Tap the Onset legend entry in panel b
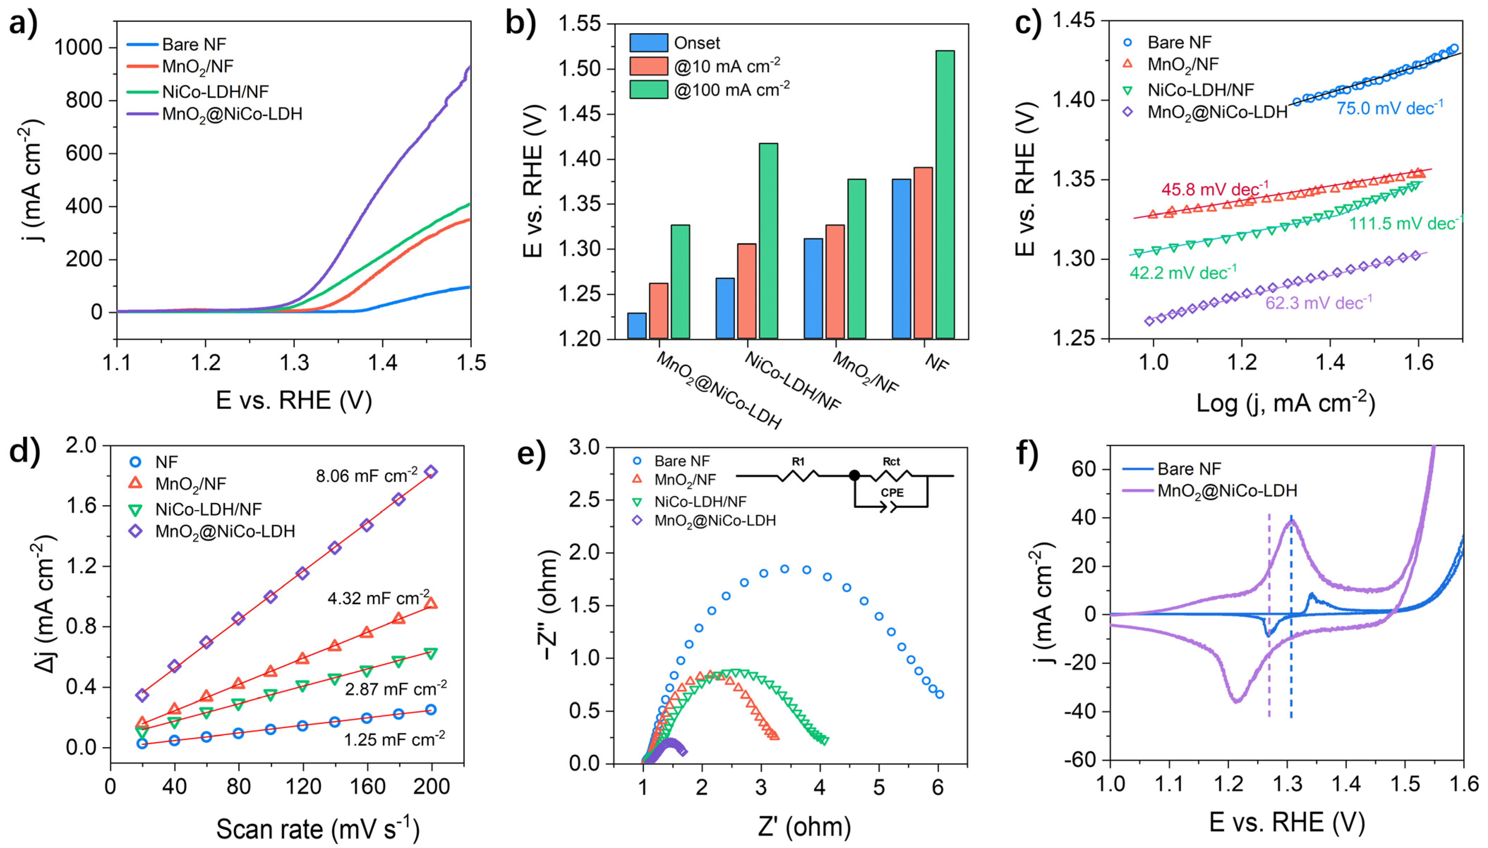pos(696,43)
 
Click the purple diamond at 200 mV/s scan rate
pos(431,472)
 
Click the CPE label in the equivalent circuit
pos(892,493)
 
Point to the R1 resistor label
pos(798,462)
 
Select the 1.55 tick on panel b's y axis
pos(579,24)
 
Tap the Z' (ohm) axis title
pos(804,826)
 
